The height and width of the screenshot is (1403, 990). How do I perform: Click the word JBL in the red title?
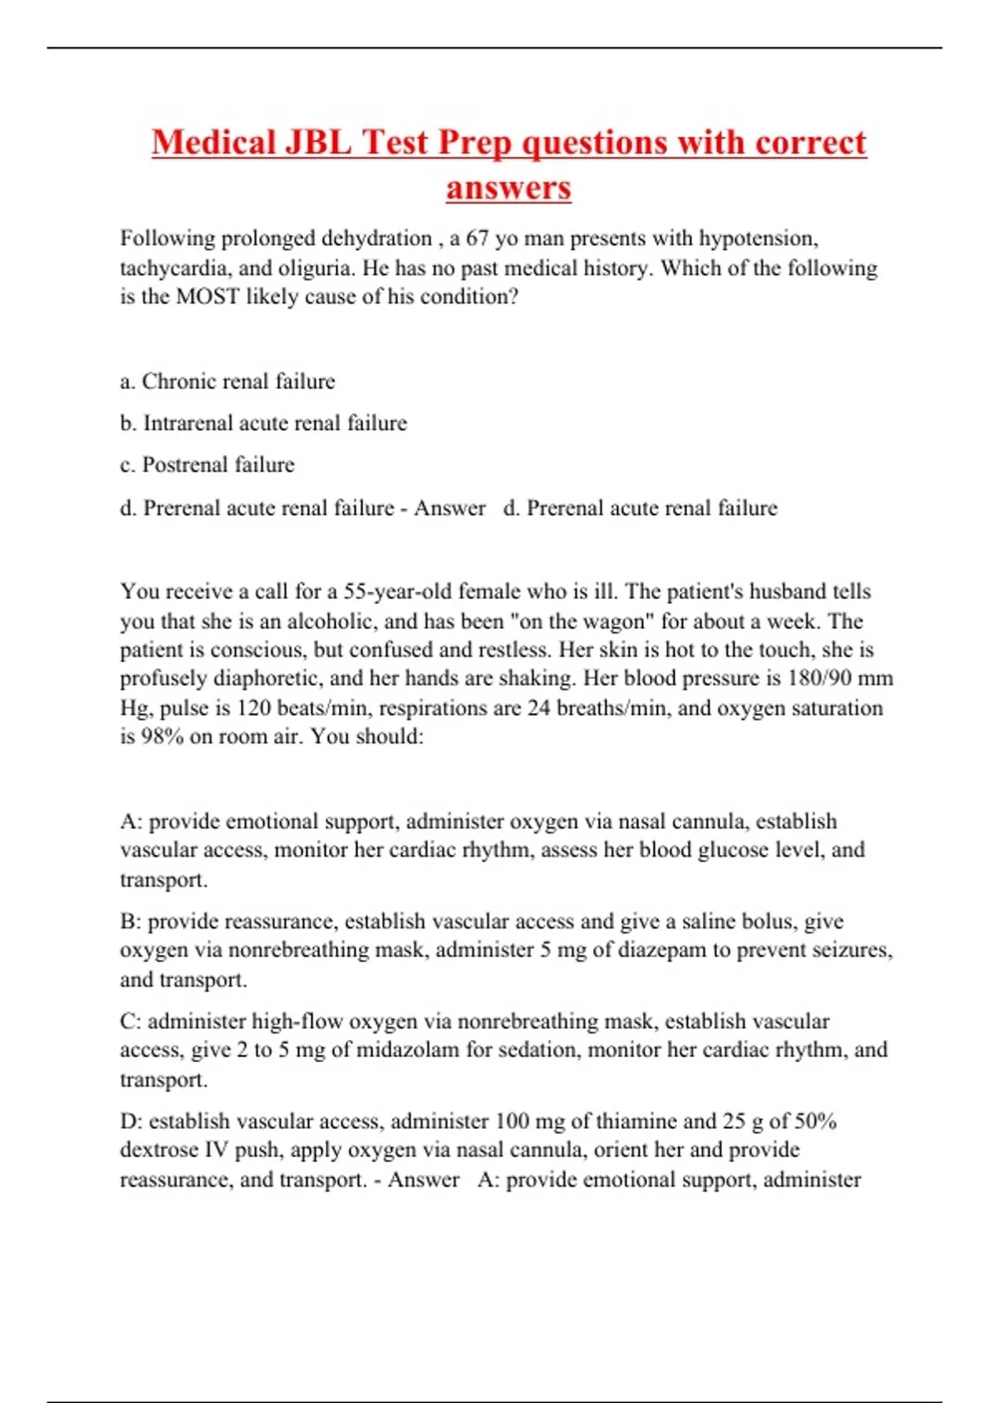pos(317,142)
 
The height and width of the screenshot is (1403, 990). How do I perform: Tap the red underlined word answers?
pos(508,187)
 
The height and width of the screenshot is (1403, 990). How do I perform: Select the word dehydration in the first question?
pos(376,239)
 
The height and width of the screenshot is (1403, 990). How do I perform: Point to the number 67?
pos(478,239)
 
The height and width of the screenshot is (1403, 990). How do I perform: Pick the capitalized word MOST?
pos(208,297)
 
